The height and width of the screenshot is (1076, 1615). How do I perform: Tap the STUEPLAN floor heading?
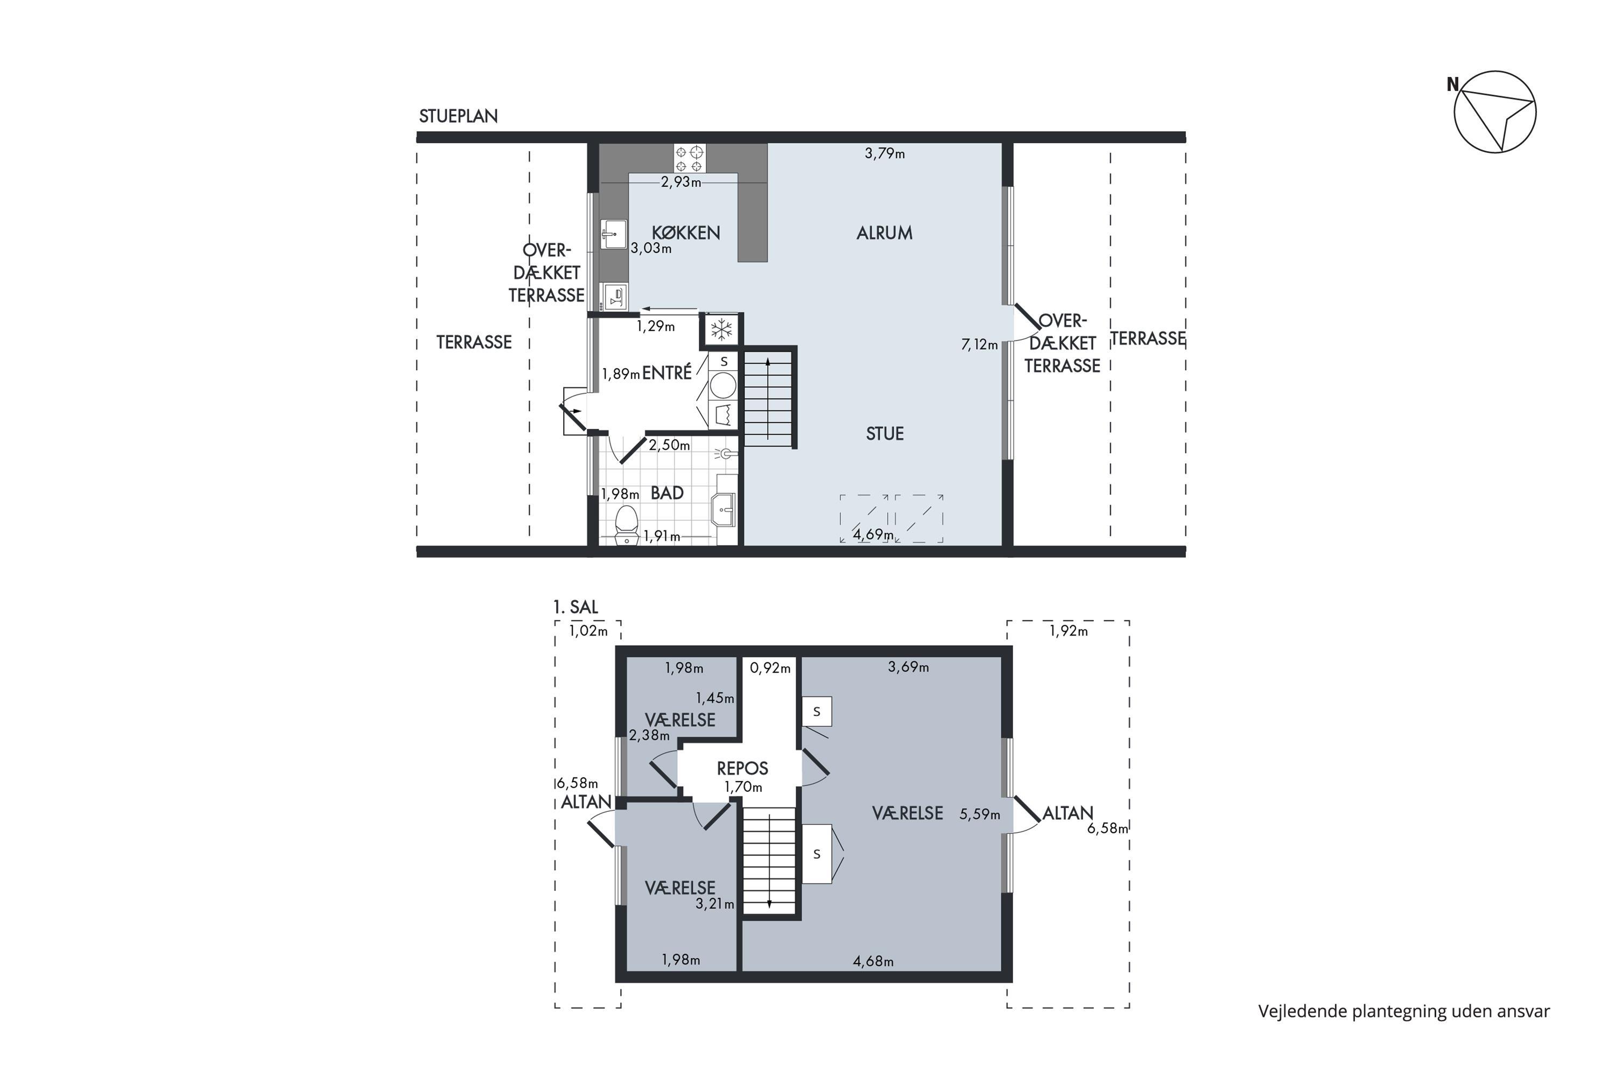[x=458, y=116]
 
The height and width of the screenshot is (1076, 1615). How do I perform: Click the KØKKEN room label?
[x=685, y=232]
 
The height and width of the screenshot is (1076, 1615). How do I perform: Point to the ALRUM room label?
[x=884, y=232]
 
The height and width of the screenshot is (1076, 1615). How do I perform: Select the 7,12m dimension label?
[x=979, y=344]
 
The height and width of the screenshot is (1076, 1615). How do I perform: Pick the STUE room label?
[x=884, y=433]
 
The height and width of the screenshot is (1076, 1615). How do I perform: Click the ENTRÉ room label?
[x=667, y=373]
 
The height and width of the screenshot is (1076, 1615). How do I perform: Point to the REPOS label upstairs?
[x=742, y=768]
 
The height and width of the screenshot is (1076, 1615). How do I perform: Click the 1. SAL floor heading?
[x=575, y=607]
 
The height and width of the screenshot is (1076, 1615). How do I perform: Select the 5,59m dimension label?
[x=979, y=814]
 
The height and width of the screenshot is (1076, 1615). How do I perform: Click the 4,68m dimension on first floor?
[x=873, y=961]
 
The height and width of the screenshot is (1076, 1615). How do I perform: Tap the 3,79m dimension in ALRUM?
[x=884, y=153]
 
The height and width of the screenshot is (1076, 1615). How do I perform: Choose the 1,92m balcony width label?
[x=1069, y=630]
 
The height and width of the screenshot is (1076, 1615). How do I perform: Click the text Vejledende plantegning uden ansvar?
[x=1404, y=1011]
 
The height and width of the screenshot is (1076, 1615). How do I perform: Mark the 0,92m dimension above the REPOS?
[x=770, y=667]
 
